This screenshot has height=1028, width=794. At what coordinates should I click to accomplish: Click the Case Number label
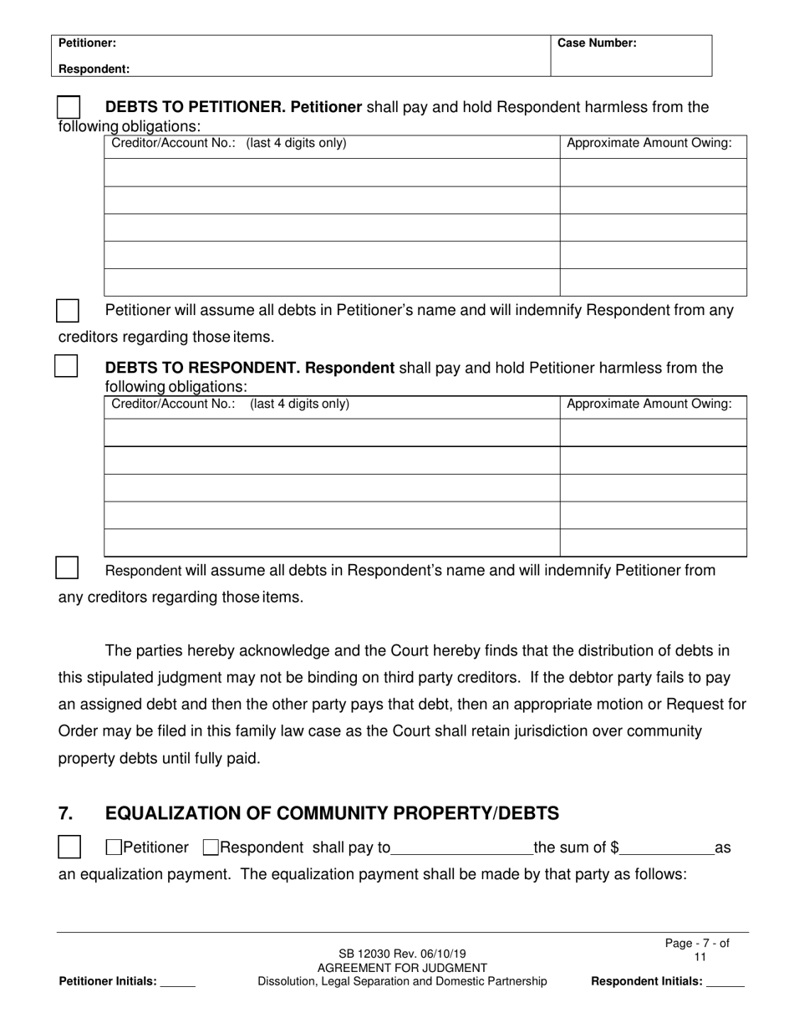tap(597, 43)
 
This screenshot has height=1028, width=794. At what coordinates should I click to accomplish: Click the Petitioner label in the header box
tap(87, 43)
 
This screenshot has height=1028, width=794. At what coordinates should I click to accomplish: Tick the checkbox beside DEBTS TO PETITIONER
tap(69, 108)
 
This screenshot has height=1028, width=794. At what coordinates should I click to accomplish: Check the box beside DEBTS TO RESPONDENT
tap(67, 366)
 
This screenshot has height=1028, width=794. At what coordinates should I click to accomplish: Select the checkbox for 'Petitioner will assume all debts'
tap(68, 311)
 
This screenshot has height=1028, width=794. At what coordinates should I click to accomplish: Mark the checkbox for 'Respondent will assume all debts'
tap(67, 568)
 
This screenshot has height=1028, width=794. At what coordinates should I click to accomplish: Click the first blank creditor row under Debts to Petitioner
tap(331, 172)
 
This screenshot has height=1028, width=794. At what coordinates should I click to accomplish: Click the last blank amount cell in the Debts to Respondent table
tap(652, 542)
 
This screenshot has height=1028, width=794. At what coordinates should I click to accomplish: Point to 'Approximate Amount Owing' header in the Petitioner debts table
tap(649, 143)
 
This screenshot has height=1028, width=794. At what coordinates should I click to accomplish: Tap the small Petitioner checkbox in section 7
tap(114, 847)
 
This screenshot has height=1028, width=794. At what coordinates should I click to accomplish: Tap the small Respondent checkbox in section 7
tap(211, 847)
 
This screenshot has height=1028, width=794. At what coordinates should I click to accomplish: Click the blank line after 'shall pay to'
tap(461, 848)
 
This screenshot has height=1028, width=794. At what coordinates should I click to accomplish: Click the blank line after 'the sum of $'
tap(666, 848)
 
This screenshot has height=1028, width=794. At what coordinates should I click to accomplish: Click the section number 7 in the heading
tap(66, 813)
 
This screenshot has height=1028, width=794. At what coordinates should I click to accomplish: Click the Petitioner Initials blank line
tap(177, 982)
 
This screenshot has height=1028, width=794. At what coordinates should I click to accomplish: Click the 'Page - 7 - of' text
tap(697, 944)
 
